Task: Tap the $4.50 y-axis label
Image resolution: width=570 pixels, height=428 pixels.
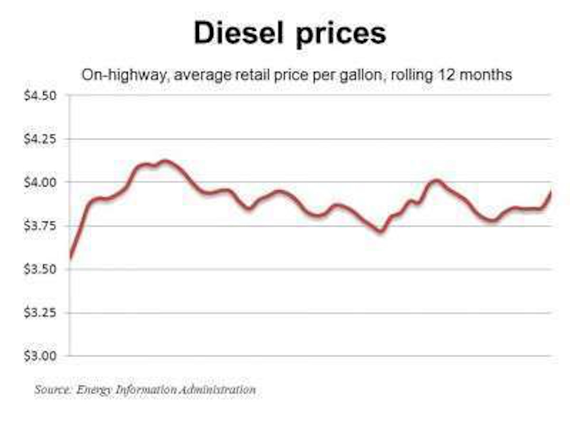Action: click(x=40, y=96)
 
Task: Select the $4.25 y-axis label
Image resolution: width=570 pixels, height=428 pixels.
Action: click(x=40, y=139)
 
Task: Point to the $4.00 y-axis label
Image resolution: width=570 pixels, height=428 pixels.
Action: click(x=40, y=183)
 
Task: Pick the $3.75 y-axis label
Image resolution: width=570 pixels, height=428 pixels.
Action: click(x=40, y=226)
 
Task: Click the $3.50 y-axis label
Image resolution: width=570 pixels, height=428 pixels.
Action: click(x=40, y=270)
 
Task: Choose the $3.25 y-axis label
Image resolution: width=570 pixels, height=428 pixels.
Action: click(x=40, y=313)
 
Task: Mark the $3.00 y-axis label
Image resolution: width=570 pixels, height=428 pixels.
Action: click(x=40, y=356)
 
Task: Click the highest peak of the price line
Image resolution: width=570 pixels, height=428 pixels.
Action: click(x=164, y=162)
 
